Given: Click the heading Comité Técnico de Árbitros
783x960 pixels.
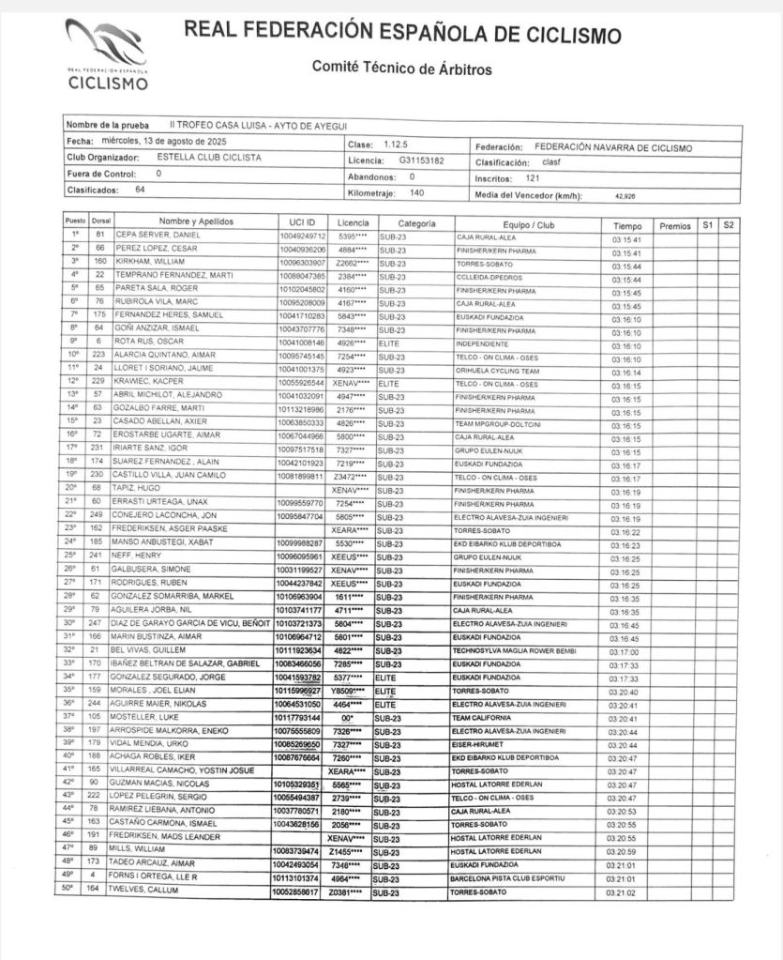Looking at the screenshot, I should [x=401, y=69].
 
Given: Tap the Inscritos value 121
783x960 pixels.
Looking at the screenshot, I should [x=532, y=177].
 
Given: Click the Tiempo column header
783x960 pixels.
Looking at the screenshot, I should [x=627, y=225].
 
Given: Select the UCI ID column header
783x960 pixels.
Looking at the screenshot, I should [x=302, y=222].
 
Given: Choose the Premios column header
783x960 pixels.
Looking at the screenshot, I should [x=675, y=226].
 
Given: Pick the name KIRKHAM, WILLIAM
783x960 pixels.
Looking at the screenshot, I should [x=150, y=262].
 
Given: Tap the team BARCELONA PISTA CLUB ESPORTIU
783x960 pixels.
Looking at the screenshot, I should [x=508, y=878].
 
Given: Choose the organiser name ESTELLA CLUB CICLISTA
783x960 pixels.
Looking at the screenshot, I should [x=209, y=157].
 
